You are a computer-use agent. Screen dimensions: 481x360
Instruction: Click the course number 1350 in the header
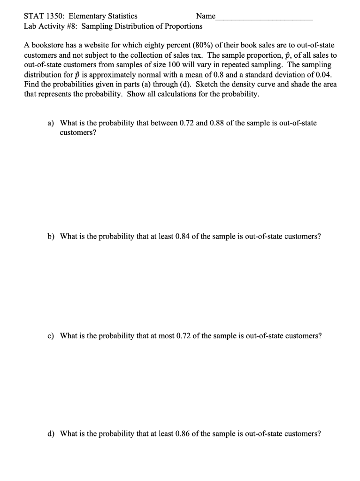pos(54,16)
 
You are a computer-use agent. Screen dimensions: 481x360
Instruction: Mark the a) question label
pos(51,123)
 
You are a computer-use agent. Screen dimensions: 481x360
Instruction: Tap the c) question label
pos(51,336)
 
